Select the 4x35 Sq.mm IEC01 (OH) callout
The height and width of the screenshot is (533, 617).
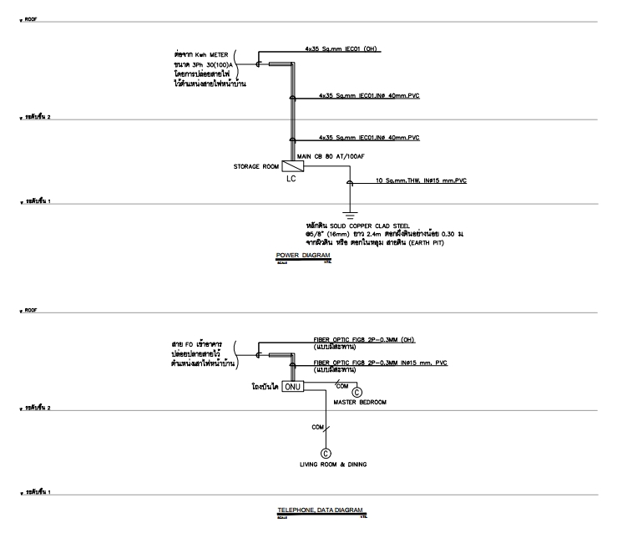[349, 49]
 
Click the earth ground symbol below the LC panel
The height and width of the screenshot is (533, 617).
[350, 214]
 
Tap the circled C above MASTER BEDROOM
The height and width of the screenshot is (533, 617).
[357, 391]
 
